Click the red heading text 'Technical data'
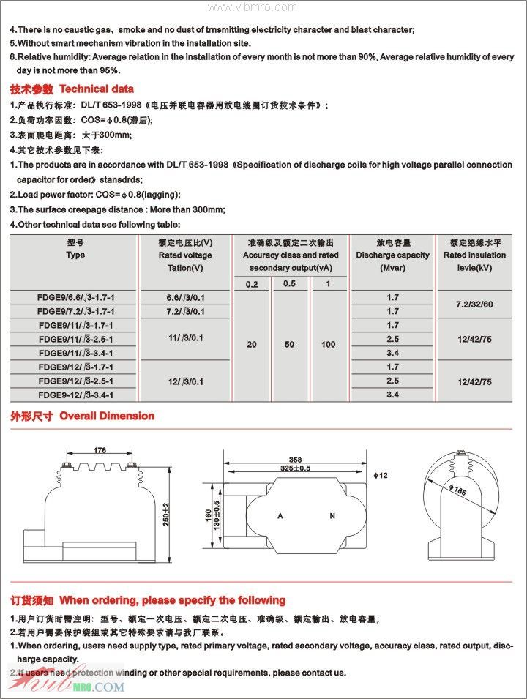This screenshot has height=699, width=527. tap(97, 89)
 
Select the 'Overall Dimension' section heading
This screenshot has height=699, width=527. tap(107, 416)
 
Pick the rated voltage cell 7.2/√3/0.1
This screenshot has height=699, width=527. tap(185, 312)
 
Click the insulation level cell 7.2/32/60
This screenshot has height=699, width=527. tap(474, 304)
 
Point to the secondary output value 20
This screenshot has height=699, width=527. tap(252, 345)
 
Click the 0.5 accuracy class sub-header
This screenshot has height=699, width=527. tap(290, 284)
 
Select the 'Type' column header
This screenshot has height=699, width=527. tap(75, 255)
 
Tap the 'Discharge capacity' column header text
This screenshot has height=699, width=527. tap(393, 255)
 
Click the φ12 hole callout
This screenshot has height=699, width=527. tap(380, 476)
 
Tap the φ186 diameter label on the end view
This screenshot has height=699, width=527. tap(458, 491)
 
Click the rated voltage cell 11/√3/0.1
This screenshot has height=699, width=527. tap(185, 338)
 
